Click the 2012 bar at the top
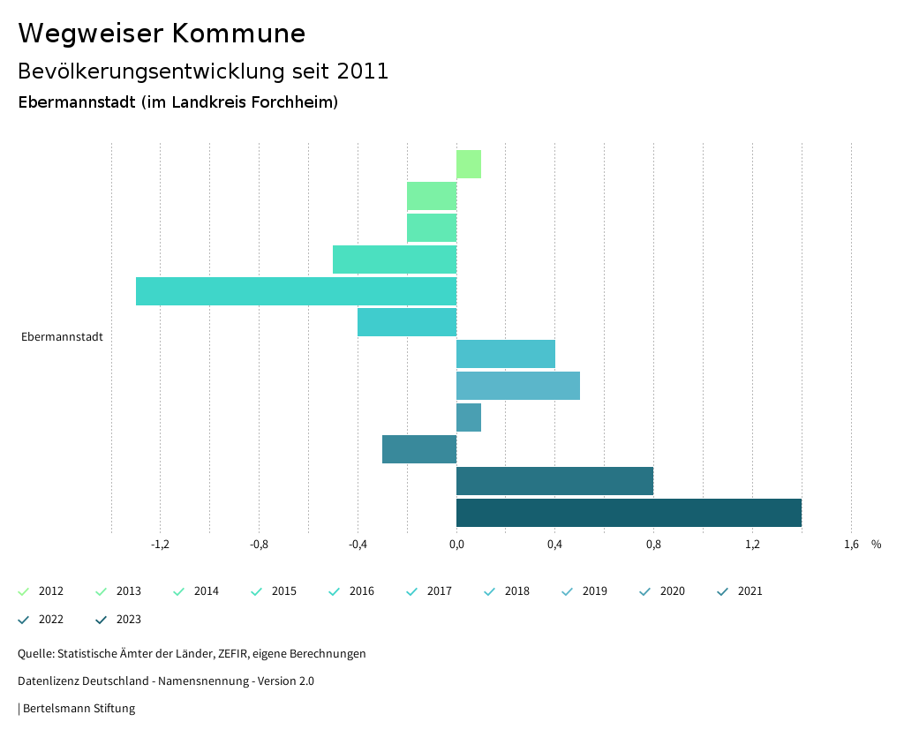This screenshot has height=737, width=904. coord(469,164)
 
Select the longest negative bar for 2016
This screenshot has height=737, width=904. coord(296,291)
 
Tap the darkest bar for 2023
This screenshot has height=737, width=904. coord(629,513)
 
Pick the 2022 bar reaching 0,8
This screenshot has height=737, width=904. coord(554,481)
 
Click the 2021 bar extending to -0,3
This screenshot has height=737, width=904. coord(419,449)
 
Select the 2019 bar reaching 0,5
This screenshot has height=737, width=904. coord(518,386)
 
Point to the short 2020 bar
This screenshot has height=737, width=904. coord(469,417)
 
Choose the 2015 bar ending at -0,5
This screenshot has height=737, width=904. coord(395,259)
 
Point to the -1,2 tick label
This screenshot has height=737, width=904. coord(160,545)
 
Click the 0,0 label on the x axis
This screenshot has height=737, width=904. coord(456,545)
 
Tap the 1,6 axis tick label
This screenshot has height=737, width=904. coord(851,545)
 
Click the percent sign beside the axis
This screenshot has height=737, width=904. coord(876,545)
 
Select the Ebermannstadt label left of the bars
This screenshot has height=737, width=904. coord(62,337)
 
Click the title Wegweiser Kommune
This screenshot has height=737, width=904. coord(162,34)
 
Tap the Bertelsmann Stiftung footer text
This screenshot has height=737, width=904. coord(79,708)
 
